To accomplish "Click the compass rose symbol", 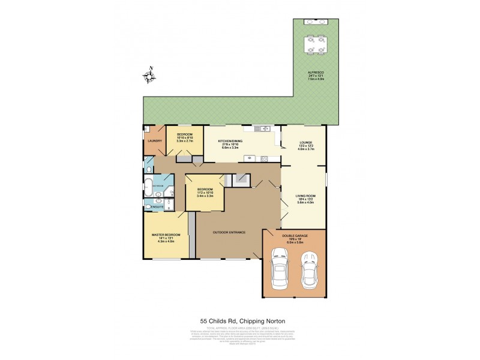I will pos(149,76).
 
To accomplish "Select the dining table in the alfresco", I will pos(316,45).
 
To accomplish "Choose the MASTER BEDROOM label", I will pos(164,233).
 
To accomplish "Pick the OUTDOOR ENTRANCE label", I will pos(229,232).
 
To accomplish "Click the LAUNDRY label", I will pos(155,142).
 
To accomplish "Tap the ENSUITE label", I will pos(157,208).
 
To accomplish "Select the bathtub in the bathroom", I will pos(148,186).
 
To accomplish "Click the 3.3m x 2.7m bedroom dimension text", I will pos(184,140).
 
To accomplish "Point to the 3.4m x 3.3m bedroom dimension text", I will pos(205,196).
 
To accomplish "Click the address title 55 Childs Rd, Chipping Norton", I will pos(240,320).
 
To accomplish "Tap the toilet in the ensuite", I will pos(149,207).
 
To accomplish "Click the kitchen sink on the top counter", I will pos(259,128).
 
